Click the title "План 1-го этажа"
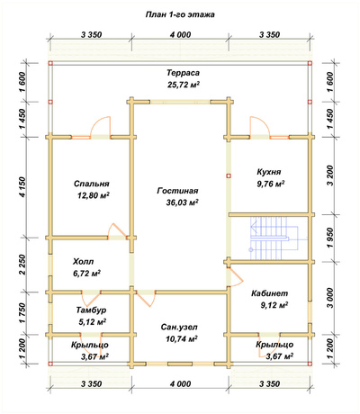tap(180, 14)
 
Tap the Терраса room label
tap(183, 73)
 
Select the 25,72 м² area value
tap(184, 85)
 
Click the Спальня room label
tap(92, 184)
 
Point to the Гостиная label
tap(177, 191)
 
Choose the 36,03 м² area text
tap(182, 202)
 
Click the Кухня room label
tap(269, 172)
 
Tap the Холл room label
tap(83, 262)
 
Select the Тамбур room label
tap(91, 310)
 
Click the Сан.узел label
tap(179, 328)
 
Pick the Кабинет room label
tap(270, 293)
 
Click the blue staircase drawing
tap(270, 238)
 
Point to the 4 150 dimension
tap(23, 187)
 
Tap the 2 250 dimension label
tap(23, 265)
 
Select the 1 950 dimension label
tap(330, 238)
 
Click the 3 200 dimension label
tap(330, 175)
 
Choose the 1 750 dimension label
tap(23, 313)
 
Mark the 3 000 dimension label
tap(330, 298)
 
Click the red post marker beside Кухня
tap(229, 176)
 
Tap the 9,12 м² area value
tap(274, 305)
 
